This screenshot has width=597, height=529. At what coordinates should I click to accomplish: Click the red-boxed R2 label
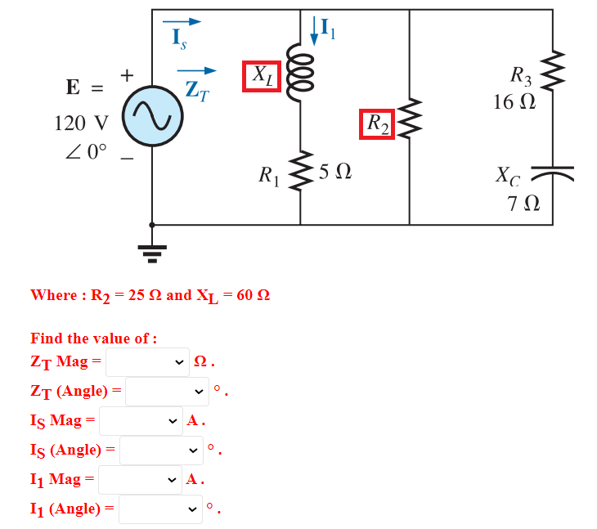[378, 123]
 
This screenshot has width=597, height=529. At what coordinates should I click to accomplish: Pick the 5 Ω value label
[335, 172]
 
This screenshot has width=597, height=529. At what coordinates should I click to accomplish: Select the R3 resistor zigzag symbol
[553, 74]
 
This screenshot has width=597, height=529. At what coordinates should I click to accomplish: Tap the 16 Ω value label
[514, 102]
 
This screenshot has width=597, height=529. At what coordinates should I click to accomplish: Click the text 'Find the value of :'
[94, 338]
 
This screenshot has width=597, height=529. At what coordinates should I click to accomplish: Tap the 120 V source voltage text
[81, 123]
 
